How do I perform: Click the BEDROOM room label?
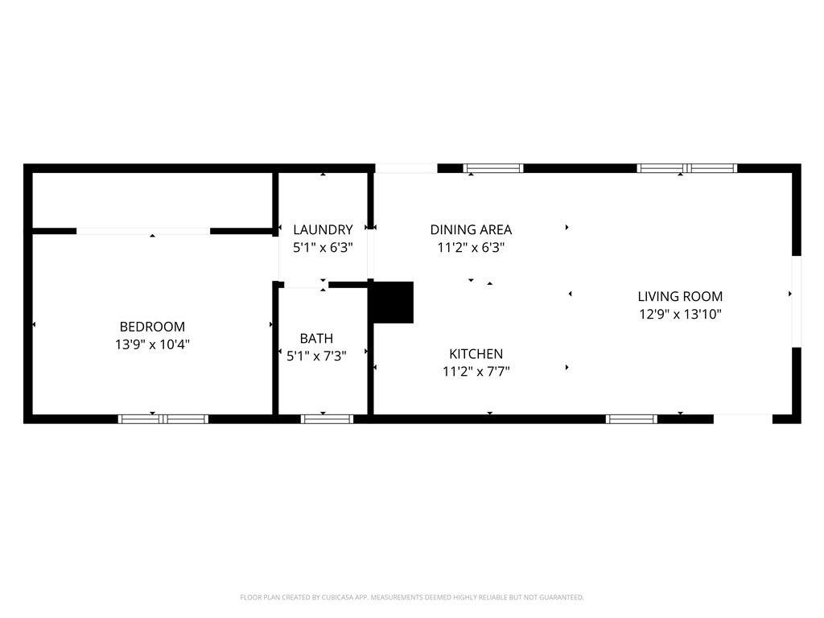coord(152,327)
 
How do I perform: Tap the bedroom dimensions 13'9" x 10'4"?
coord(152,344)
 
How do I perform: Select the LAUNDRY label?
coord(323,229)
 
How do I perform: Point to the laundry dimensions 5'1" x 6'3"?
coord(323,248)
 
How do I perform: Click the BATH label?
coord(316,339)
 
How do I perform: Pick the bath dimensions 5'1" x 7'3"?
coord(316,356)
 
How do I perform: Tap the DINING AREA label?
coord(471,229)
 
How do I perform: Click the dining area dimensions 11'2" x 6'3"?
coord(471,248)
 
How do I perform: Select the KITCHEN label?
coord(476,354)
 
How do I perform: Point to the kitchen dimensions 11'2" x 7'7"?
coord(476,372)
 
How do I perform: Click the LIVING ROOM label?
coord(680,296)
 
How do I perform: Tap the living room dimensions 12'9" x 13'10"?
coord(680,315)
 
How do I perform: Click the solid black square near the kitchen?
coord(393,303)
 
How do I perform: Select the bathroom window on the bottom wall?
coord(327,418)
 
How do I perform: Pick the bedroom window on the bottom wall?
coord(163,418)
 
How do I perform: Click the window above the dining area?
coord(493,168)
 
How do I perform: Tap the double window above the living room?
coord(687,168)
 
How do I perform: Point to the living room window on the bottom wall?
coord(631,418)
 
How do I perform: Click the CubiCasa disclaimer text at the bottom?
coord(412,598)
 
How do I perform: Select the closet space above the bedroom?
coord(152,200)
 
